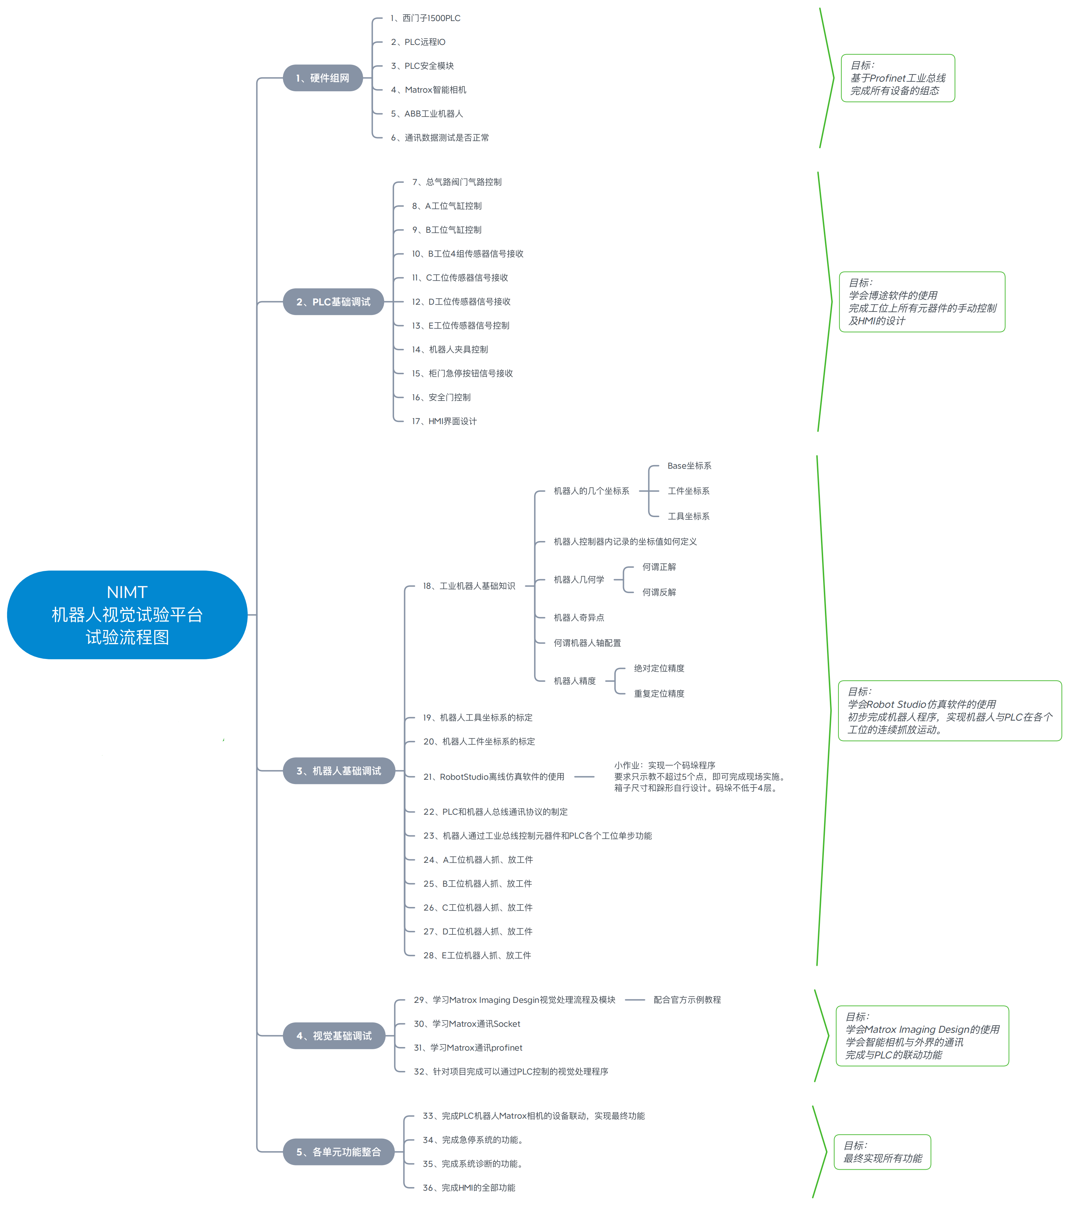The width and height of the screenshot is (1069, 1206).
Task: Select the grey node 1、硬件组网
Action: pyautogui.click(x=323, y=78)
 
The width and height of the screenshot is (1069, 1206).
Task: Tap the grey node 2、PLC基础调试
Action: pyautogui.click(x=333, y=301)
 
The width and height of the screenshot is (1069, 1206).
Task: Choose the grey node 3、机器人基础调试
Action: pyautogui.click(x=339, y=770)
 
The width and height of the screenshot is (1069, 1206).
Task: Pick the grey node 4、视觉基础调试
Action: pyautogui.click(x=334, y=1036)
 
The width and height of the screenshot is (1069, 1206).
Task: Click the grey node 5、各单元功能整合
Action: pyautogui.click(x=339, y=1152)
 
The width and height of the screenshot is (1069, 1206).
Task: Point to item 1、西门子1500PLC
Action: pyautogui.click(x=425, y=18)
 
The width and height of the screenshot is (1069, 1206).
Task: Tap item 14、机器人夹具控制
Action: pyautogui.click(x=450, y=349)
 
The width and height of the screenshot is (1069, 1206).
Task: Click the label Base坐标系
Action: pyautogui.click(x=689, y=465)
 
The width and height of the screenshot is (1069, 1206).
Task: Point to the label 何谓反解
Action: pyautogui.click(x=659, y=592)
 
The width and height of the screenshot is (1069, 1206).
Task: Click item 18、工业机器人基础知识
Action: pyautogui.click(x=469, y=586)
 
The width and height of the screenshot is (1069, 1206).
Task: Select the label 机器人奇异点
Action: pyautogui.click(x=579, y=618)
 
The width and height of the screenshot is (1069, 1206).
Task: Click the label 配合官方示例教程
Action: pyautogui.click(x=687, y=1000)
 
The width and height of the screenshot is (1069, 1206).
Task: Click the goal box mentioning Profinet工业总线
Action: pyautogui.click(x=897, y=78)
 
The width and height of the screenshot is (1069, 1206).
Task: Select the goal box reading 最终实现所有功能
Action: pyautogui.click(x=882, y=1152)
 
